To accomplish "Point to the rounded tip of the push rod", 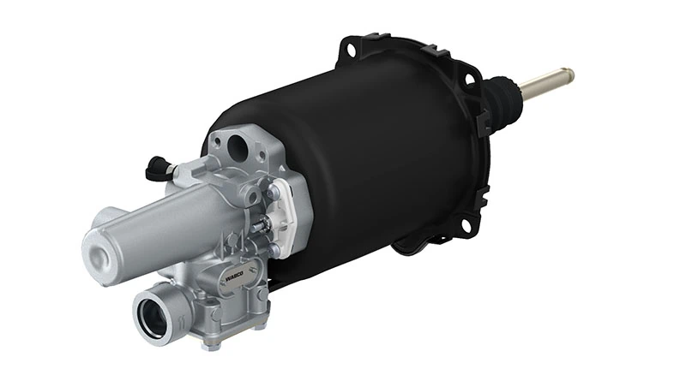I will point(569,74).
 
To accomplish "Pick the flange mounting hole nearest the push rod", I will point(468,79).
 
